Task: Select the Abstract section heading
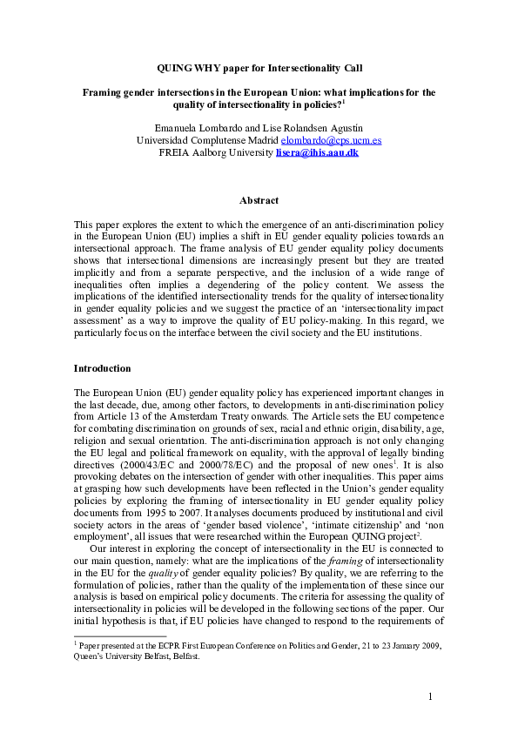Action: pyautogui.click(x=259, y=200)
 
